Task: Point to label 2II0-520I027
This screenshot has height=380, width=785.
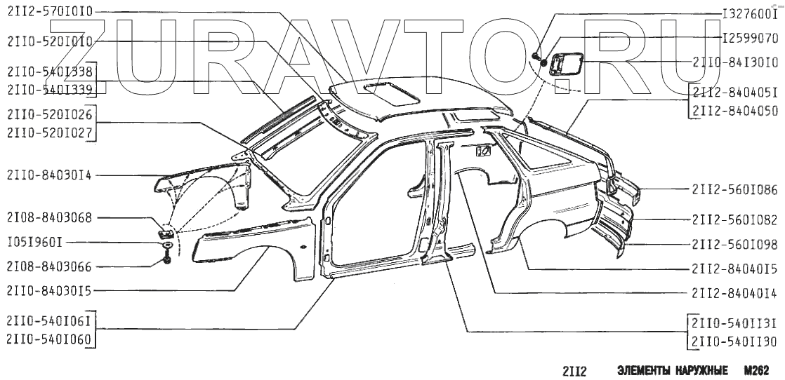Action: click(50, 131)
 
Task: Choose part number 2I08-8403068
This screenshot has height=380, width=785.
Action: click(50, 219)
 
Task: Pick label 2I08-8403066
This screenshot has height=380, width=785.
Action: click(50, 266)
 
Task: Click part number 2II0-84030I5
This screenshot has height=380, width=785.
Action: click(50, 290)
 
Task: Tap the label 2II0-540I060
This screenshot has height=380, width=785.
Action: click(50, 339)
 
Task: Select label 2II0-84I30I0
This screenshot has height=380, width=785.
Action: click(734, 62)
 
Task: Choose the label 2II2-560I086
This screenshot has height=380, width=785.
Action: click(734, 189)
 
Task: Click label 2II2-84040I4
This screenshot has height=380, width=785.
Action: click(734, 292)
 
